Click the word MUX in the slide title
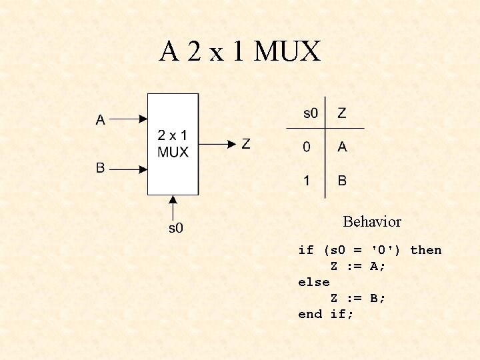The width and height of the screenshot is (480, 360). click(x=289, y=52)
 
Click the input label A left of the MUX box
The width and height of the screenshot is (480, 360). click(x=101, y=120)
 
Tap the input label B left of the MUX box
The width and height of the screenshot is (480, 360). click(x=101, y=167)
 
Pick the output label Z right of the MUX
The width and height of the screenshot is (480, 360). click(x=245, y=143)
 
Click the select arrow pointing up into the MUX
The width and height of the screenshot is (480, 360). click(x=173, y=207)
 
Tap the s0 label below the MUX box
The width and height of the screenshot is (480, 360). click(x=175, y=229)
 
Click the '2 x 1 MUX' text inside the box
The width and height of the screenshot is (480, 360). click(x=173, y=143)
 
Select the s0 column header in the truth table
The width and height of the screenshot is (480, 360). click(x=311, y=113)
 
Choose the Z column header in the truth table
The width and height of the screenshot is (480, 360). click(x=341, y=113)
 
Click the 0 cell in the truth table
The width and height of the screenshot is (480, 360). click(x=307, y=147)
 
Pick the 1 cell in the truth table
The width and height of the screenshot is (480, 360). click(x=307, y=180)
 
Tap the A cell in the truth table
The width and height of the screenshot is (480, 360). click(x=342, y=147)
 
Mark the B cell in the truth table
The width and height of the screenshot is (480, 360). click(x=342, y=180)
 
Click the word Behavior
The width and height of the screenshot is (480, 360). click(x=372, y=221)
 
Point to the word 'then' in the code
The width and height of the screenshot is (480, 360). click(x=425, y=250)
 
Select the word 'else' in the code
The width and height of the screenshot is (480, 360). click(x=314, y=282)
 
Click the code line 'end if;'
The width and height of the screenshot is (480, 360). click(x=326, y=314)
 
